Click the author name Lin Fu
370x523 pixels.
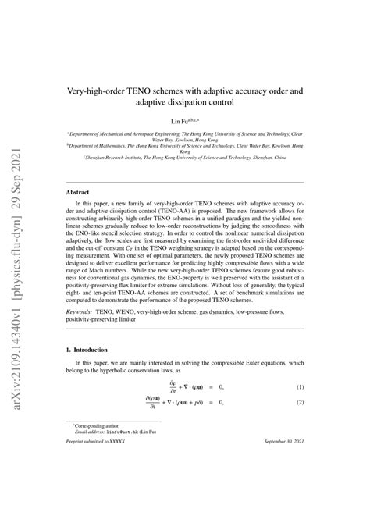click(x=180, y=122)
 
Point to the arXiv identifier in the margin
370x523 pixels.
click(x=16, y=261)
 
